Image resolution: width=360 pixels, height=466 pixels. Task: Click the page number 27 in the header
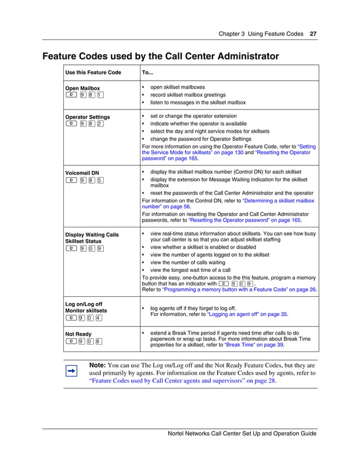pyautogui.click(x=313, y=34)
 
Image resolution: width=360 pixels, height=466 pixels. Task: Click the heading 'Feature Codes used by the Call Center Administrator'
pyautogui.click(x=161, y=56)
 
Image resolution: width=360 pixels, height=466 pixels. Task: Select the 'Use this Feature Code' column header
pyautogui.click(x=93, y=73)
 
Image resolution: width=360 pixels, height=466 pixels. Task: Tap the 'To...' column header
pyautogui.click(x=147, y=73)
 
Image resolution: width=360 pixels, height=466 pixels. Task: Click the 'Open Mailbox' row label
pyautogui.click(x=82, y=88)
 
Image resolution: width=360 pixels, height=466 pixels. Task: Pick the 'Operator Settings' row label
pyautogui.click(x=87, y=117)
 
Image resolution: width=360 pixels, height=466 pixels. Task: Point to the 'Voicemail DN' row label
pyautogui.click(x=82, y=173)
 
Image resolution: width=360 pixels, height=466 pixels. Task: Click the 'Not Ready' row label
pyautogui.click(x=78, y=334)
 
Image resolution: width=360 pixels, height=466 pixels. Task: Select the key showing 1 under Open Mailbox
pyautogui.click(x=99, y=95)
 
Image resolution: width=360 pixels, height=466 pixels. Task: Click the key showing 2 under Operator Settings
pyautogui.click(x=99, y=124)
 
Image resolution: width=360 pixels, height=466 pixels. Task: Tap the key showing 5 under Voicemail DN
pyautogui.click(x=99, y=181)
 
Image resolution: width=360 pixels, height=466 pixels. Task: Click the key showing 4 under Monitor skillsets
pyautogui.click(x=99, y=318)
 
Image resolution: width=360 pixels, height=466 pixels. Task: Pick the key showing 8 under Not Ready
pyautogui.click(x=99, y=341)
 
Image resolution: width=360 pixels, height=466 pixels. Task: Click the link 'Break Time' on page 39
pyautogui.click(x=240, y=345)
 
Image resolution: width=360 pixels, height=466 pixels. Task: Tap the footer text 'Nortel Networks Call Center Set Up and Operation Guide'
pyautogui.click(x=242, y=433)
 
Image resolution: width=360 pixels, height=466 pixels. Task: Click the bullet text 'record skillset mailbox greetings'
pyautogui.click(x=188, y=95)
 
